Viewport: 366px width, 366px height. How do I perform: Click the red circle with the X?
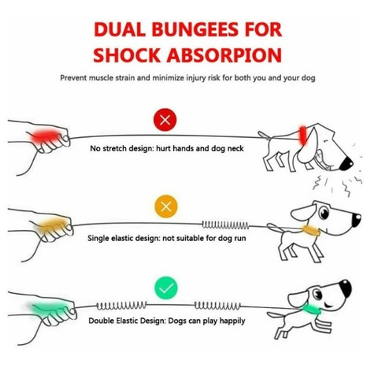pos(165,120)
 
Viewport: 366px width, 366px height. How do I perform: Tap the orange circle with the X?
pos(166,207)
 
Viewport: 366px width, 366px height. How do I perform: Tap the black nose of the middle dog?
pos(356,220)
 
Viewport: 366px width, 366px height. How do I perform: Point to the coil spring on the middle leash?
pos(225,224)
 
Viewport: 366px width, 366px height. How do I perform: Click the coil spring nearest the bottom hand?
pos(121,305)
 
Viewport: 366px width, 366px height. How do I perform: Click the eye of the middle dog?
pos(324,212)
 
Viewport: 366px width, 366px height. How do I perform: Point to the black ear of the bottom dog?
pos(345,288)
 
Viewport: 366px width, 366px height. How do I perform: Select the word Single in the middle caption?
pos(98,238)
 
